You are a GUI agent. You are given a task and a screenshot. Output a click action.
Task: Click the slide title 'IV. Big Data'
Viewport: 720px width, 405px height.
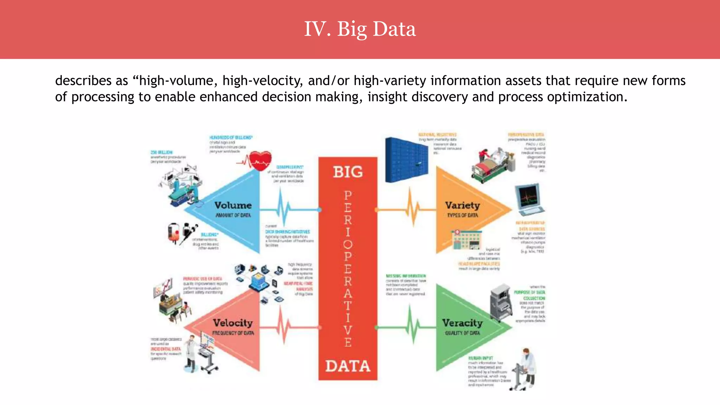click(360, 29)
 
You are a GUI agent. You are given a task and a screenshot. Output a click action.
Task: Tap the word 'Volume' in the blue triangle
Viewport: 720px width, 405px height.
click(233, 205)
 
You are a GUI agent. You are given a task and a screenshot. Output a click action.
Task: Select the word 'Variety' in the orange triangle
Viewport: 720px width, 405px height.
click(462, 205)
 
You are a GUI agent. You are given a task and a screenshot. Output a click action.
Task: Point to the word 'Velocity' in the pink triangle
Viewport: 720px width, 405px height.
click(233, 323)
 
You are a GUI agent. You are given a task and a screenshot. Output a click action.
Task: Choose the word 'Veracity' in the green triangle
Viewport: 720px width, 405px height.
click(462, 323)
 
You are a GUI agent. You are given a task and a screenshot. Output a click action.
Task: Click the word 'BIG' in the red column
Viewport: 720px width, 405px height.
click(348, 172)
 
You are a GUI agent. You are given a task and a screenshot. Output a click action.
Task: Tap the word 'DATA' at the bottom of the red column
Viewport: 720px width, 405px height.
click(348, 366)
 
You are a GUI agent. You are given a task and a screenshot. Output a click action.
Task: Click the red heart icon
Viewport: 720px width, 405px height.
click(260, 161)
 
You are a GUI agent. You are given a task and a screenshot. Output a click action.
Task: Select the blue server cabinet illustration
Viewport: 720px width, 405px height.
click(406, 160)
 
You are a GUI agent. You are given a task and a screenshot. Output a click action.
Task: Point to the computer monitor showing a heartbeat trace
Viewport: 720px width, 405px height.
click(528, 199)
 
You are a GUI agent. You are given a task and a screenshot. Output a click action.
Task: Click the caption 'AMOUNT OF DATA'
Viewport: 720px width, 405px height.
click(233, 215)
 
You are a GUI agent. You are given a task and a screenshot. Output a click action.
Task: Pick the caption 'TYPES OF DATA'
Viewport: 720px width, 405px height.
click(462, 215)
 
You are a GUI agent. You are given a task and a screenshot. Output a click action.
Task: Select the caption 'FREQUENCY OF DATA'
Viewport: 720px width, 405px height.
click(233, 333)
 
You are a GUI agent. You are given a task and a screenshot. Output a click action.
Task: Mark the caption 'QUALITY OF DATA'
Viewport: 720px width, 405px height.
click(462, 333)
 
